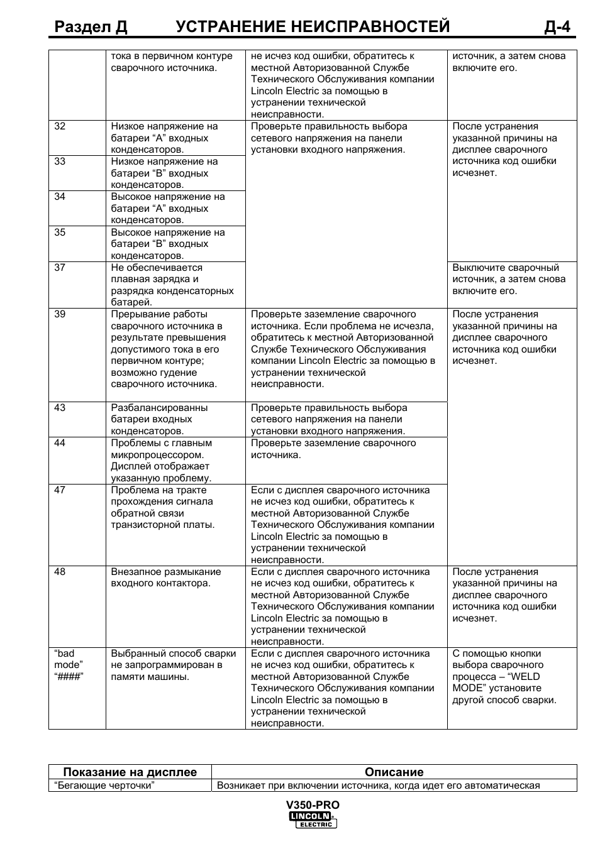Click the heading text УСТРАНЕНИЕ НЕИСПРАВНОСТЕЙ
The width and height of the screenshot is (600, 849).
pos(313,26)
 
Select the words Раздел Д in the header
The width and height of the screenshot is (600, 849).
pos(91,26)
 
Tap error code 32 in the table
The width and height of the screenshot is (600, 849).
pos(60,126)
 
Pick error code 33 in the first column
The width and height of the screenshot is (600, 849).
pos(60,162)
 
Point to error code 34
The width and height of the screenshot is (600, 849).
pos(60,197)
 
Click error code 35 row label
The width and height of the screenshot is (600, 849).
pos(60,233)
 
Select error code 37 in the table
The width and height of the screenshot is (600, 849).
pos(60,268)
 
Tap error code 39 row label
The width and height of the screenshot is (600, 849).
pos(60,314)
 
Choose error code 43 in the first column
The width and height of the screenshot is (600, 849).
pos(60,408)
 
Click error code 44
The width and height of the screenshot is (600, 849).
pos(60,443)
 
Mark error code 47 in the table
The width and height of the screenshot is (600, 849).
pos(60,490)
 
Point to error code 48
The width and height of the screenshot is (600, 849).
pos(60,572)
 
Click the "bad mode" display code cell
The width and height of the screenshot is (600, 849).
pos(69,665)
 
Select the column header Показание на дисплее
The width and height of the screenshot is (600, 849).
pos(130,772)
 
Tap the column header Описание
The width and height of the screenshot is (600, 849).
pos(394,772)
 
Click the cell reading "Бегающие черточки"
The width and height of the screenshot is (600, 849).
pos(104,786)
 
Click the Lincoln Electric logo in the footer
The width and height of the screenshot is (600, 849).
pos(313,819)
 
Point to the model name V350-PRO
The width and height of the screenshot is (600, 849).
pos(313,805)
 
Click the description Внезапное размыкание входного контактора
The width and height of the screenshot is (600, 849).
pos(166,578)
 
